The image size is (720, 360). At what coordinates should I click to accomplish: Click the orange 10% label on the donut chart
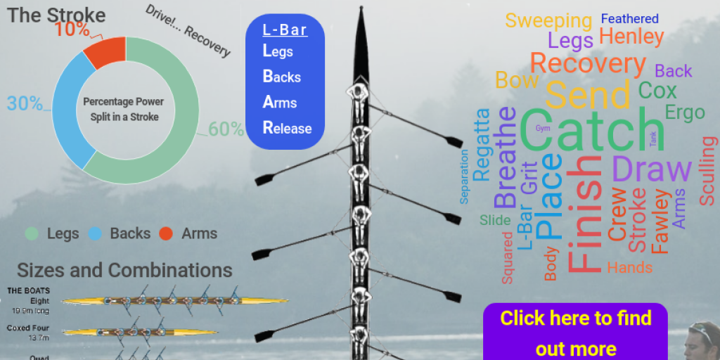click(x=72, y=30)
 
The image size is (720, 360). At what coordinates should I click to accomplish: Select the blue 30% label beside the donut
click(x=25, y=103)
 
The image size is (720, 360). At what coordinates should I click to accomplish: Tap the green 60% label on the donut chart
click(x=226, y=129)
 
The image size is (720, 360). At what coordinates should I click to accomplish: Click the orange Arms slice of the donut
click(x=104, y=54)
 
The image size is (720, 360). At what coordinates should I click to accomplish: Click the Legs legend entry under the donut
click(x=52, y=233)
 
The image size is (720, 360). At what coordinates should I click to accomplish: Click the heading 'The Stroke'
click(x=56, y=15)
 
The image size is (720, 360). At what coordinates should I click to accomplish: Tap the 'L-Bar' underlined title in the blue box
click(x=284, y=30)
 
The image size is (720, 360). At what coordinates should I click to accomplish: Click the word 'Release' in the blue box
click(x=287, y=128)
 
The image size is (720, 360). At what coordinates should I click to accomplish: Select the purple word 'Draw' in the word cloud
click(x=651, y=169)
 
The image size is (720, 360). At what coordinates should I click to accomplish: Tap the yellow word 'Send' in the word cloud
click(x=587, y=94)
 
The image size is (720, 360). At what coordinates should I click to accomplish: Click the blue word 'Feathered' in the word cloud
click(x=629, y=19)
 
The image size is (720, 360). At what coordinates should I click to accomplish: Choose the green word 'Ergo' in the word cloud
click(x=684, y=112)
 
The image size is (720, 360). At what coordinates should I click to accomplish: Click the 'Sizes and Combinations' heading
click(x=124, y=270)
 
